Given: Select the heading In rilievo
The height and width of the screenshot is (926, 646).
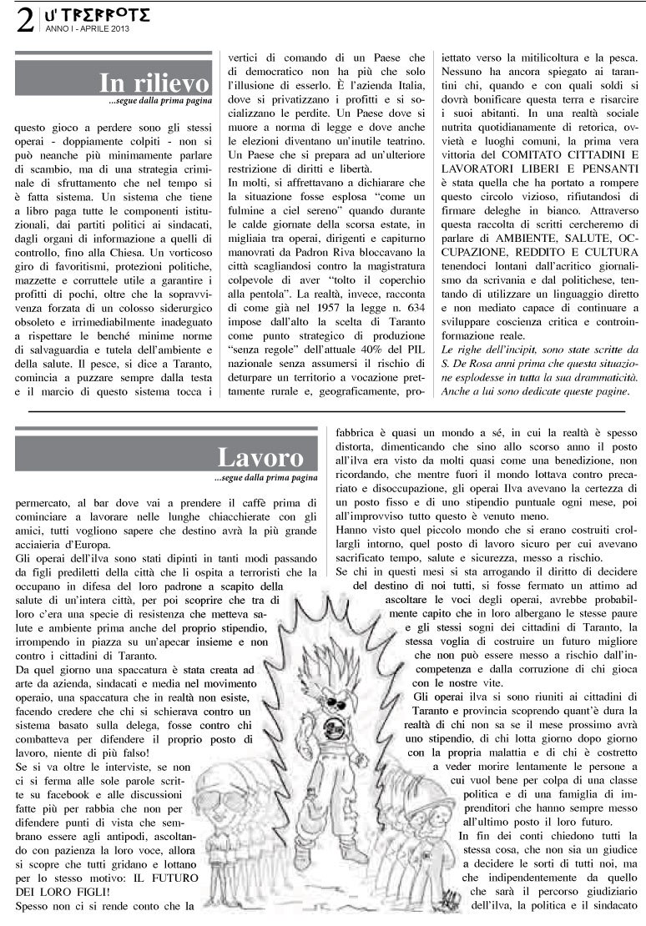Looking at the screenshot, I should click(x=154, y=83).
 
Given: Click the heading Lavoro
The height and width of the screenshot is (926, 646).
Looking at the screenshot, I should click(x=260, y=457).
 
